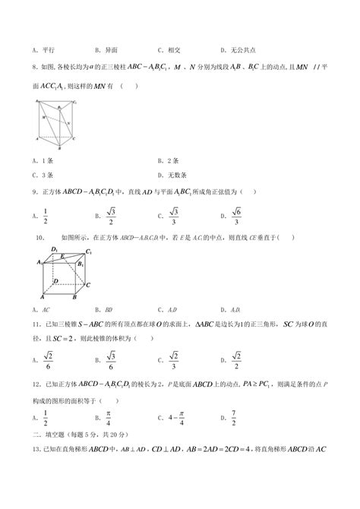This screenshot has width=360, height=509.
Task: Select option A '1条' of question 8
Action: pos(42,160)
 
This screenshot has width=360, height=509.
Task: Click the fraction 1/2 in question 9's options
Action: pos(46,216)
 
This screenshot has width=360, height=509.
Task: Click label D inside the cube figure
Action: pos(55,280)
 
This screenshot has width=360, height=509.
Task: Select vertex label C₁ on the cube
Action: pos(89,251)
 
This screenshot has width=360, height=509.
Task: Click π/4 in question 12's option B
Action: pos(109,416)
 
